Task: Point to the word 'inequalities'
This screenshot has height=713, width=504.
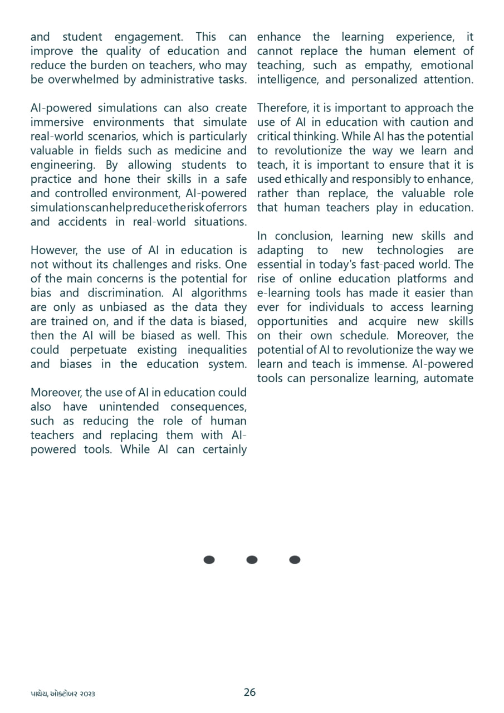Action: pyautogui.click(x=217, y=350)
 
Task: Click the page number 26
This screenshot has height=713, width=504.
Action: pyautogui.click(x=249, y=692)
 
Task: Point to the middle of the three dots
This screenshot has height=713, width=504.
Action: pyautogui.click(x=252, y=560)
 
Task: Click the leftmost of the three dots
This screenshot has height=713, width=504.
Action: pyautogui.click(x=209, y=560)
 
